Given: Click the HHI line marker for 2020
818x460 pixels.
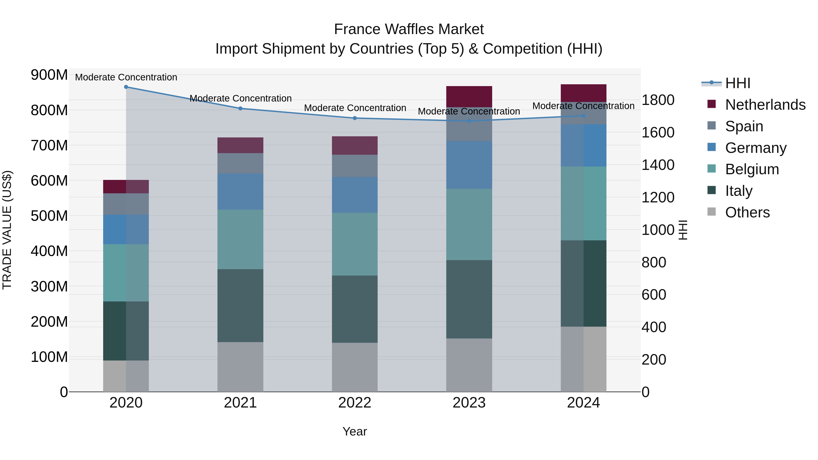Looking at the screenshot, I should coord(126,87).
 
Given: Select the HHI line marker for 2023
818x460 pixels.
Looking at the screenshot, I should coord(469,121).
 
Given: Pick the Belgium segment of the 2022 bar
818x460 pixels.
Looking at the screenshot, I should coord(355,244).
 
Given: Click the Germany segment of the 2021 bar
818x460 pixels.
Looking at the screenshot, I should coord(240,191).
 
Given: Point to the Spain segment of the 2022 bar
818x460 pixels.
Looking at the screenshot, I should coord(355,166).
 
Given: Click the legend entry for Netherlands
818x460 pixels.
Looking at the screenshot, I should coord(765,105).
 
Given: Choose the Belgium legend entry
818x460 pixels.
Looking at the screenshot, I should coord(752,169).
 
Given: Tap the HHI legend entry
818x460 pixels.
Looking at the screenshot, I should coord(737,83).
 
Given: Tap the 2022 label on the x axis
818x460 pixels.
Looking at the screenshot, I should coord(355,403).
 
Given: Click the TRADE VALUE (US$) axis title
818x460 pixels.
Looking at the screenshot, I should coord(7,230).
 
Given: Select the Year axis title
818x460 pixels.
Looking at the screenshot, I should coord(355,431).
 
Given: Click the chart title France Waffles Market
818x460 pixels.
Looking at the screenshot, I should coord(409,29).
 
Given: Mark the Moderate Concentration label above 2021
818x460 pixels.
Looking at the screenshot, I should coord(240,98).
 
